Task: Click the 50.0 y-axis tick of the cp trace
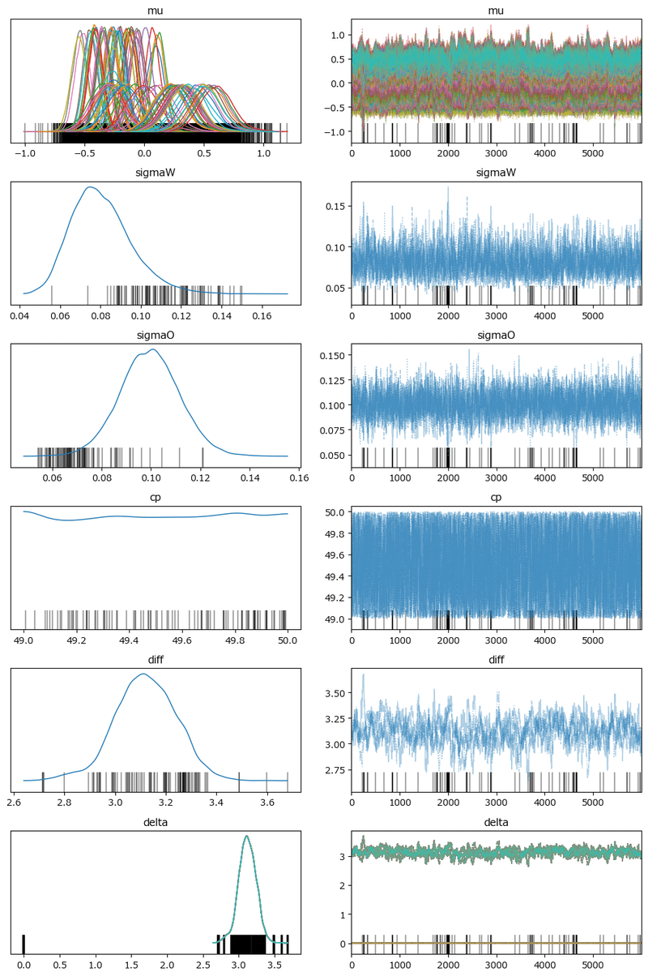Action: tap(337, 512)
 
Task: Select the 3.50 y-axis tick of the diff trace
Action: tap(335, 693)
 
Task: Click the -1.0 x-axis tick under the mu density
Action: tap(25, 153)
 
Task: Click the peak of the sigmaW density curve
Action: tap(90, 187)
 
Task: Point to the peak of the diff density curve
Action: tap(144, 674)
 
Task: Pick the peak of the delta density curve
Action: tap(246, 837)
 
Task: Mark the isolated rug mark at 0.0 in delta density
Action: tap(24, 944)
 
